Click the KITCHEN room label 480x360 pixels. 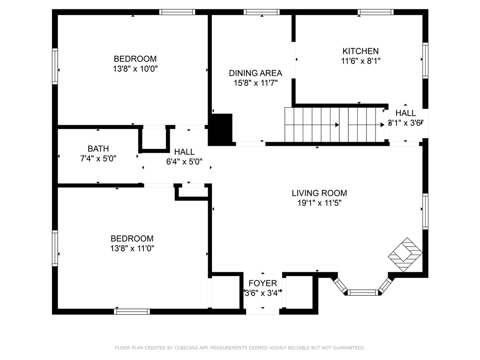click(360, 51)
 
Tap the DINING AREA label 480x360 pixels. click(255, 73)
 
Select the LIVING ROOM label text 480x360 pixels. click(319, 193)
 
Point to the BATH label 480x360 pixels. click(98, 149)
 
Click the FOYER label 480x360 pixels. click(262, 283)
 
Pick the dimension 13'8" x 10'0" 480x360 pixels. click(135, 68)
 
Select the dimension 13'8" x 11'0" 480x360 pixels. click(132, 248)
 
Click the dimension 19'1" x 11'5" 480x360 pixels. click(319, 203)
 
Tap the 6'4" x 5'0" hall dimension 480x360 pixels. click(184, 162)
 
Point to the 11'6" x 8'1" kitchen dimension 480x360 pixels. click(360, 61)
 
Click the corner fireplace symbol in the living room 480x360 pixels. click(405, 255)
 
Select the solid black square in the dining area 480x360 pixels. click(220, 127)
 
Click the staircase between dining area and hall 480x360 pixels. click(335, 125)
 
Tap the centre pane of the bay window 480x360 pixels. click(363, 292)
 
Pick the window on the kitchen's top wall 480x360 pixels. click(375, 12)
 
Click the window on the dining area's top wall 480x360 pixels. click(262, 12)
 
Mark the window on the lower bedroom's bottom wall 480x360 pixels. click(132, 312)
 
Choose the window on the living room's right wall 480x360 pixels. click(425, 211)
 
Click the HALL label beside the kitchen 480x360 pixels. click(405, 113)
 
